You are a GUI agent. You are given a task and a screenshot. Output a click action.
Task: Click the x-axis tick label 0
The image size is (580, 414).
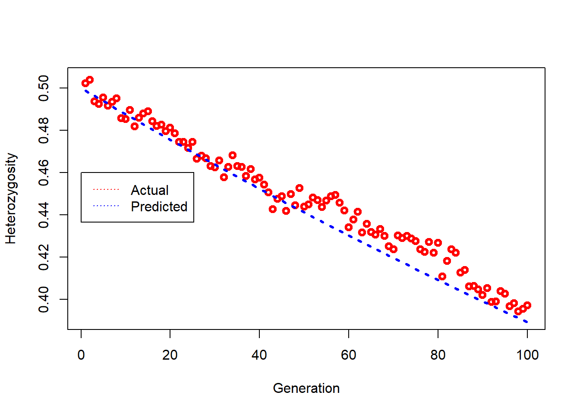(81, 355)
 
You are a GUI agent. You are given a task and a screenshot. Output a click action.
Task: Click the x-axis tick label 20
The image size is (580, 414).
(170, 355)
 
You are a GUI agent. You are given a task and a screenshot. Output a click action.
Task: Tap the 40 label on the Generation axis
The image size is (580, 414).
(259, 355)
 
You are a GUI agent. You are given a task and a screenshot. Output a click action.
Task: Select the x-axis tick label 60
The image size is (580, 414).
(349, 355)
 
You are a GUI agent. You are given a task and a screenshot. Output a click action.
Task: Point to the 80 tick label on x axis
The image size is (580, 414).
(438, 355)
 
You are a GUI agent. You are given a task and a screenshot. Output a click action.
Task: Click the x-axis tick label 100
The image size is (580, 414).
(527, 355)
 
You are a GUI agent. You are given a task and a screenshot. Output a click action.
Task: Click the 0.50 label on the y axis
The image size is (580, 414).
(44, 88)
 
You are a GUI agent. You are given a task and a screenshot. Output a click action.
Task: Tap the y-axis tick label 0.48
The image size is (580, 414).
(44, 130)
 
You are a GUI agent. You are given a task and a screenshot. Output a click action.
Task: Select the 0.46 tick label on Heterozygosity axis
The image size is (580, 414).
(44, 172)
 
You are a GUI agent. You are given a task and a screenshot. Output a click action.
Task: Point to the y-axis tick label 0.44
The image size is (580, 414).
(44, 215)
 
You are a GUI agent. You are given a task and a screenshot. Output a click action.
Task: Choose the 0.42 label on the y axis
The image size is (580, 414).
(44, 257)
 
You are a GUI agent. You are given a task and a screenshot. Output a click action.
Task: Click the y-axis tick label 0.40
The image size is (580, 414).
(44, 299)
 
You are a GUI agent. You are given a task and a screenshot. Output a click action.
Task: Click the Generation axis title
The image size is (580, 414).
(306, 389)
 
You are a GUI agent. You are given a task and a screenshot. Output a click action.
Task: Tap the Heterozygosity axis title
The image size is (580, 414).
(11, 198)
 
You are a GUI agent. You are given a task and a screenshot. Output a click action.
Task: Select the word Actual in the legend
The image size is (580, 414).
(149, 190)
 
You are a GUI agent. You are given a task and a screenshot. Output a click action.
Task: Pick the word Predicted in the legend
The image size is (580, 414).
(159, 207)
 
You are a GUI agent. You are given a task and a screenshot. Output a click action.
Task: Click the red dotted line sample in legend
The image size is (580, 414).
(106, 189)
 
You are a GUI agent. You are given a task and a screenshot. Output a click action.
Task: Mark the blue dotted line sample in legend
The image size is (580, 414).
(106, 206)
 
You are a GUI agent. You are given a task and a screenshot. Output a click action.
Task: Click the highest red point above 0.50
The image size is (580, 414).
(90, 80)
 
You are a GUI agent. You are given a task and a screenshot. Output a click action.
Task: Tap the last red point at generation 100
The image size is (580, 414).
(527, 305)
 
